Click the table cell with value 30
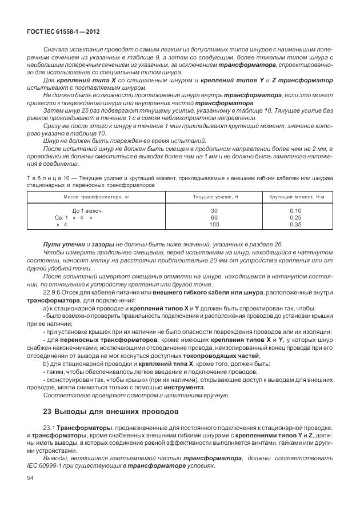click(214, 211)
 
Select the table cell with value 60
click(214, 218)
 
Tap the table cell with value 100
click(214, 225)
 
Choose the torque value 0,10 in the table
click(296, 211)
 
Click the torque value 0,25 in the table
click(296, 218)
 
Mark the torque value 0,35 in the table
click(296, 225)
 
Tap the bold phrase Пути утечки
click(61, 245)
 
